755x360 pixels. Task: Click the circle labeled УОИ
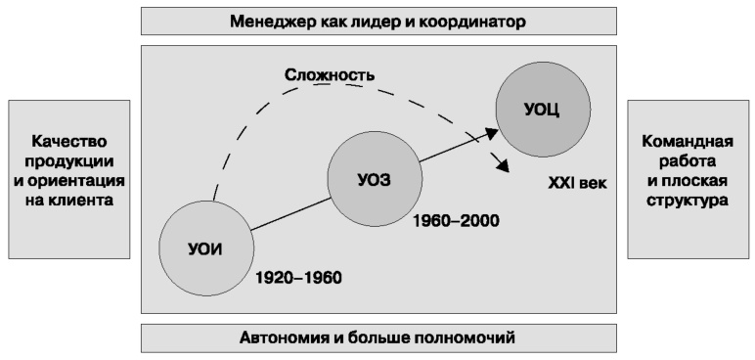(206, 247)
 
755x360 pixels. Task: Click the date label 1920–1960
(298, 277)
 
